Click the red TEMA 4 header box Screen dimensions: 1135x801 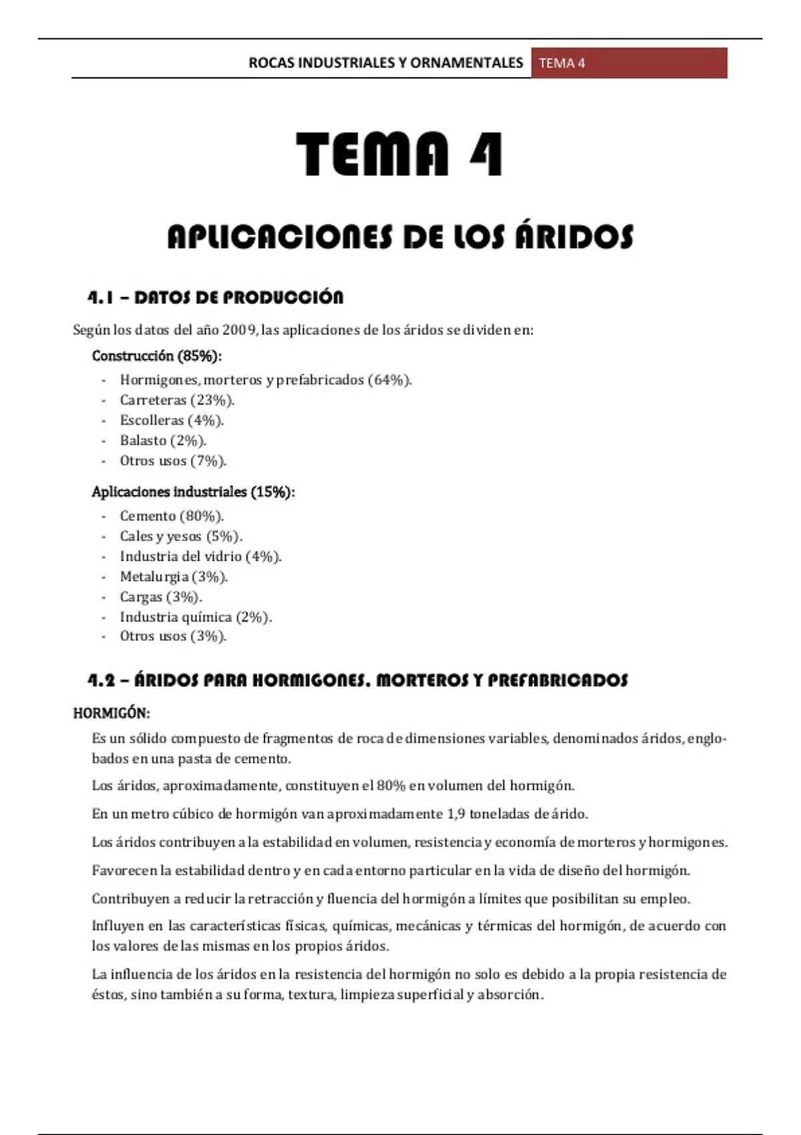[x=629, y=63]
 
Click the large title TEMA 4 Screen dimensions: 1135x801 [x=399, y=154]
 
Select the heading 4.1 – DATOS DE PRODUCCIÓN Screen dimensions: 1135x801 [x=216, y=298]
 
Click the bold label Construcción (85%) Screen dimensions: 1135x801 [x=157, y=356]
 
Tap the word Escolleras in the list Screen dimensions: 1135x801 [x=152, y=421]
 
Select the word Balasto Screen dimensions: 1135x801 [x=143, y=441]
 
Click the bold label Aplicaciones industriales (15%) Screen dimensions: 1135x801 [x=194, y=492]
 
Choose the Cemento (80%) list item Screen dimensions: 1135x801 [x=172, y=516]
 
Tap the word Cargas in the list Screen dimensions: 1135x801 [x=141, y=597]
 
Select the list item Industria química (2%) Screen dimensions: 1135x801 [x=196, y=618]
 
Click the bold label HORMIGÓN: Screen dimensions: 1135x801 [x=111, y=713]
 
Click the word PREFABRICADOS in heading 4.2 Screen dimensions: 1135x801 [x=557, y=681]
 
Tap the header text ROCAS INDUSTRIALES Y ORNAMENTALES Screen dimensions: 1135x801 [x=386, y=63]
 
